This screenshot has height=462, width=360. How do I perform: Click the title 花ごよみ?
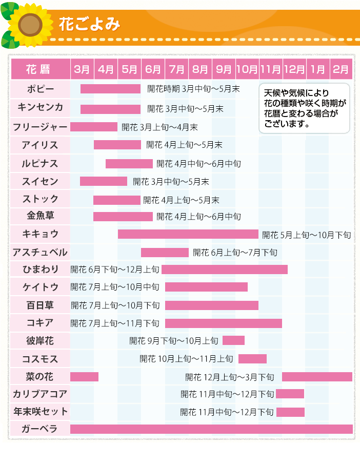pyautogui.click(x=89, y=24)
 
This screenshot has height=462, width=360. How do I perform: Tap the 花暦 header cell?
pyautogui.click(x=41, y=69)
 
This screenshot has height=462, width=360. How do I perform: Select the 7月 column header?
pyautogui.click(x=176, y=69)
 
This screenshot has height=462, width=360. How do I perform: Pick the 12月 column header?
pyautogui.click(x=294, y=69)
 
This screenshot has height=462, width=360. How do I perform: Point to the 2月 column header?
pyautogui.click(x=341, y=69)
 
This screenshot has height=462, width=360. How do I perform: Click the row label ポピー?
pyautogui.click(x=41, y=89)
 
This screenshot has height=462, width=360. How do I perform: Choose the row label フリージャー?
pyautogui.click(x=41, y=127)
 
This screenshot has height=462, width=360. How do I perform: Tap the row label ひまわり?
pyautogui.click(x=41, y=269)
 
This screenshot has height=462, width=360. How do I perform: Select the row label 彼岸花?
pyautogui.click(x=41, y=340)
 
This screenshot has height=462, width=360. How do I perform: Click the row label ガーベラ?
pyautogui.click(x=41, y=429)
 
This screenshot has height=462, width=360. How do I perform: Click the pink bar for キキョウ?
pyautogui.click(x=188, y=234)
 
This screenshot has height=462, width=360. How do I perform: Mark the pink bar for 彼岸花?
pyautogui.click(x=233, y=340)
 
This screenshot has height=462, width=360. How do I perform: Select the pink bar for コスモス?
pyautogui.click(x=252, y=358)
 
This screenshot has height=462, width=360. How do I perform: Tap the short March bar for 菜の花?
pyautogui.click(x=84, y=377)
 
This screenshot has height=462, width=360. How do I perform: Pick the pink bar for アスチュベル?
pyautogui.click(x=165, y=252)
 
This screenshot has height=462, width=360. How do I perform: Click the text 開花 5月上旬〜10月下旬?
pyautogui.click(x=306, y=235)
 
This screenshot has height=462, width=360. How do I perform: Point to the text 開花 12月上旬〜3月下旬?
pyautogui.click(x=230, y=377)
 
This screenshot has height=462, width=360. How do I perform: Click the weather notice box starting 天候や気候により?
pyautogui.click(x=305, y=108)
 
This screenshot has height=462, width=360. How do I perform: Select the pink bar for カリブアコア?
pyautogui.click(x=290, y=394)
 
